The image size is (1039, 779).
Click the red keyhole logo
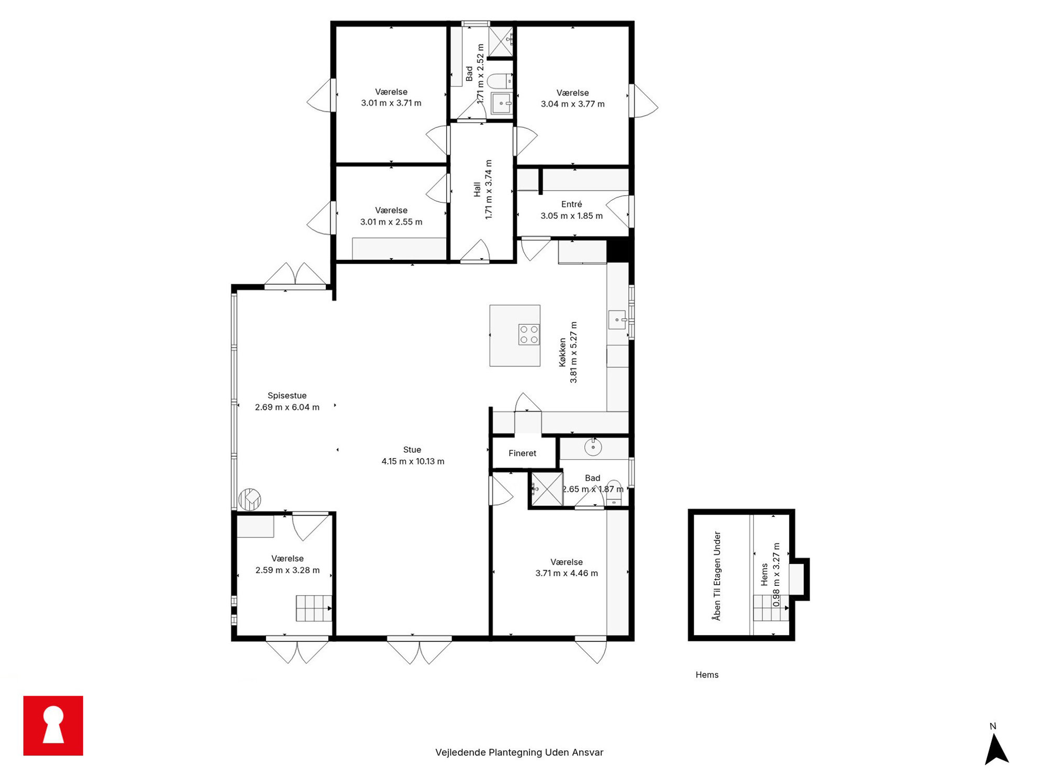tap(53, 726)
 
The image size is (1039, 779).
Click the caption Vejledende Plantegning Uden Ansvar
tap(519, 752)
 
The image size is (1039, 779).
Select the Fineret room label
tap(522, 453)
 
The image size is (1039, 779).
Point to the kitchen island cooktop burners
tap(529, 335)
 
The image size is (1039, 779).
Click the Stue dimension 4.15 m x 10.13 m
tap(413, 461)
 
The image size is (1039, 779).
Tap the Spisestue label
tap(287, 396)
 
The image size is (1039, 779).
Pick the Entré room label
tap(571, 204)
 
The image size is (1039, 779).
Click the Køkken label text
tap(562, 352)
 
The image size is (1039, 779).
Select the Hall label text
tap(477, 190)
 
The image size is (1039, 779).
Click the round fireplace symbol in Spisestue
tap(250, 499)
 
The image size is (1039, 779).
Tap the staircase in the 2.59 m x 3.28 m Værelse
tap(314, 608)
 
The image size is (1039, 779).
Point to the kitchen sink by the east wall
tap(617, 319)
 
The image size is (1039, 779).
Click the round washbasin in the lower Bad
tap(593, 447)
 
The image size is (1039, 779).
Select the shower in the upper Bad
tap(501, 41)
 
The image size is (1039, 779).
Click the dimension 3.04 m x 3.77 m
tap(572, 104)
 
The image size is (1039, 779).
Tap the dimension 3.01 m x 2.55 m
tap(391, 222)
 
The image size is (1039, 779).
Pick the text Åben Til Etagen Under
tap(717, 576)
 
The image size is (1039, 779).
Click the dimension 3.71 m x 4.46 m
tap(567, 573)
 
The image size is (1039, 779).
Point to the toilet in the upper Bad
tap(500, 81)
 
